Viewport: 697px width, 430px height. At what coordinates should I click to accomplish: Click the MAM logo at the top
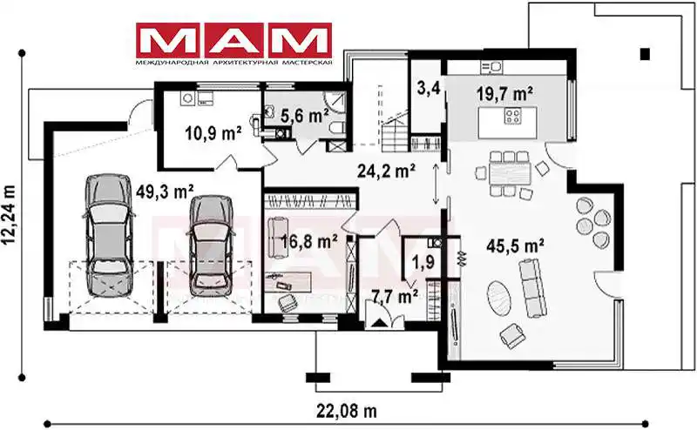click(233, 44)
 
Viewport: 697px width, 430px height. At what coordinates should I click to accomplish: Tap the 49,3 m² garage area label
click(165, 191)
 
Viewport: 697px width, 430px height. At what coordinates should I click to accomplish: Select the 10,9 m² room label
click(213, 132)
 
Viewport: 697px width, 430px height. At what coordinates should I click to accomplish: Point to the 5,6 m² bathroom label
click(305, 116)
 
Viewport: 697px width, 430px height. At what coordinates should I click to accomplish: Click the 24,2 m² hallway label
click(387, 171)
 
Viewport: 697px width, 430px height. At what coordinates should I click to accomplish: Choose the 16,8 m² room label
click(309, 241)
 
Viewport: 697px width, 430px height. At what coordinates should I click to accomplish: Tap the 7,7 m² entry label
click(395, 296)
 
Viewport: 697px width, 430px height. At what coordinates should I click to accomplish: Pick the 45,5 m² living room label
click(516, 245)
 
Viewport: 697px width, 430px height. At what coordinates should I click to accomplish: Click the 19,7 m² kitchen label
click(505, 94)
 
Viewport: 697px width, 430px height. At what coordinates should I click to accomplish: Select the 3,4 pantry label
click(429, 88)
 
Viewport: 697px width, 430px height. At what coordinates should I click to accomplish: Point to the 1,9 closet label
click(423, 262)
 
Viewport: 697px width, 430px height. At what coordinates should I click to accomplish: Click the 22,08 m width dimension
click(347, 411)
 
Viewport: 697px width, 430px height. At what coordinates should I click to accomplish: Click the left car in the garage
click(109, 234)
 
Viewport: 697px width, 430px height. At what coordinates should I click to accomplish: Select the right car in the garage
click(211, 245)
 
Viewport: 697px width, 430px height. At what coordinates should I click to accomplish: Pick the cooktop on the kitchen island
click(512, 117)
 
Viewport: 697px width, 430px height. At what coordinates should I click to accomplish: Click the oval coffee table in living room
click(499, 299)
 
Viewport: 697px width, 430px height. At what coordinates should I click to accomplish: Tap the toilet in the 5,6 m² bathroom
click(338, 128)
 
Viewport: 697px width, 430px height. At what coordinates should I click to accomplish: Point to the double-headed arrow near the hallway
click(436, 184)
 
